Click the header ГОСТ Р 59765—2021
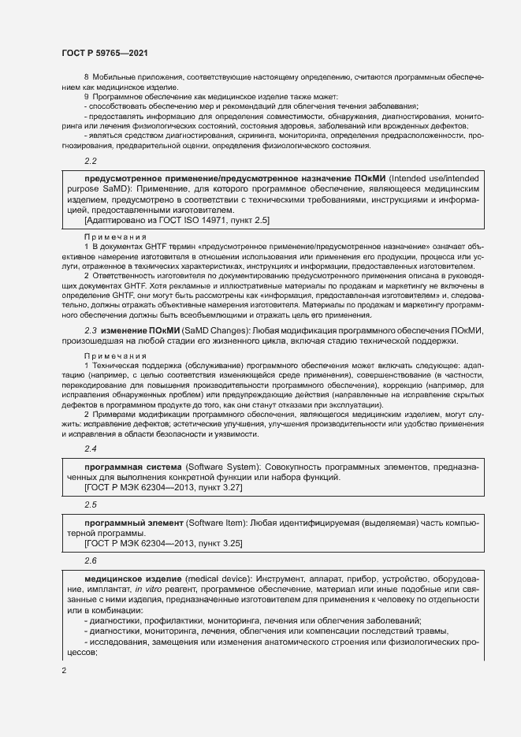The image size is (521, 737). point(104,53)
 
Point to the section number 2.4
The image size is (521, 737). point(90,449)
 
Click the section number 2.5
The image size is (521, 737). point(90,504)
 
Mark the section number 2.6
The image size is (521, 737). point(90,560)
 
